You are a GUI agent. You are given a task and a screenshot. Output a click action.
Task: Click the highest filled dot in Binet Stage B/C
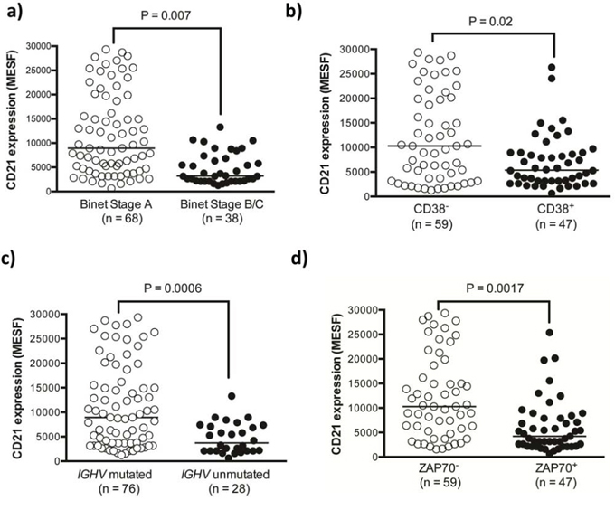(220, 127)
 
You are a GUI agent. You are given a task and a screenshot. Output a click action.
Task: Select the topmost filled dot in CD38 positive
(551, 68)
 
